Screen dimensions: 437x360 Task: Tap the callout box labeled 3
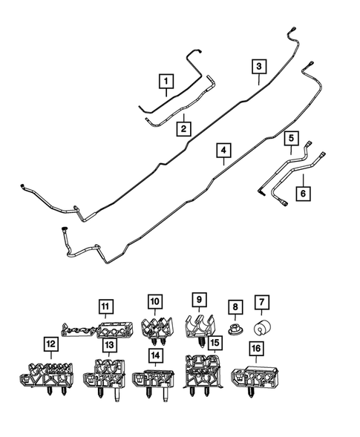258,67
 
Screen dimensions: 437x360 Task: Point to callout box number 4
222,151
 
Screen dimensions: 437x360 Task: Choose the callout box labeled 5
292,138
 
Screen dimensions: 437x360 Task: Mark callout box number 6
303,192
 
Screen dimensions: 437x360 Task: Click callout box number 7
262,303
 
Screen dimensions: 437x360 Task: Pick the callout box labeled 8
234,306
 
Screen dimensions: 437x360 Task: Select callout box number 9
198,300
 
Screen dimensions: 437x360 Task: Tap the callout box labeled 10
154,302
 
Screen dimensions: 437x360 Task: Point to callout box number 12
50,344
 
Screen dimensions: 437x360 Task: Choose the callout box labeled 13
108,346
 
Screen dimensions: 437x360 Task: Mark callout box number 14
154,356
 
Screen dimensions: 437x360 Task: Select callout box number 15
215,343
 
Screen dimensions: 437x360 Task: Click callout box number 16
256,347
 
